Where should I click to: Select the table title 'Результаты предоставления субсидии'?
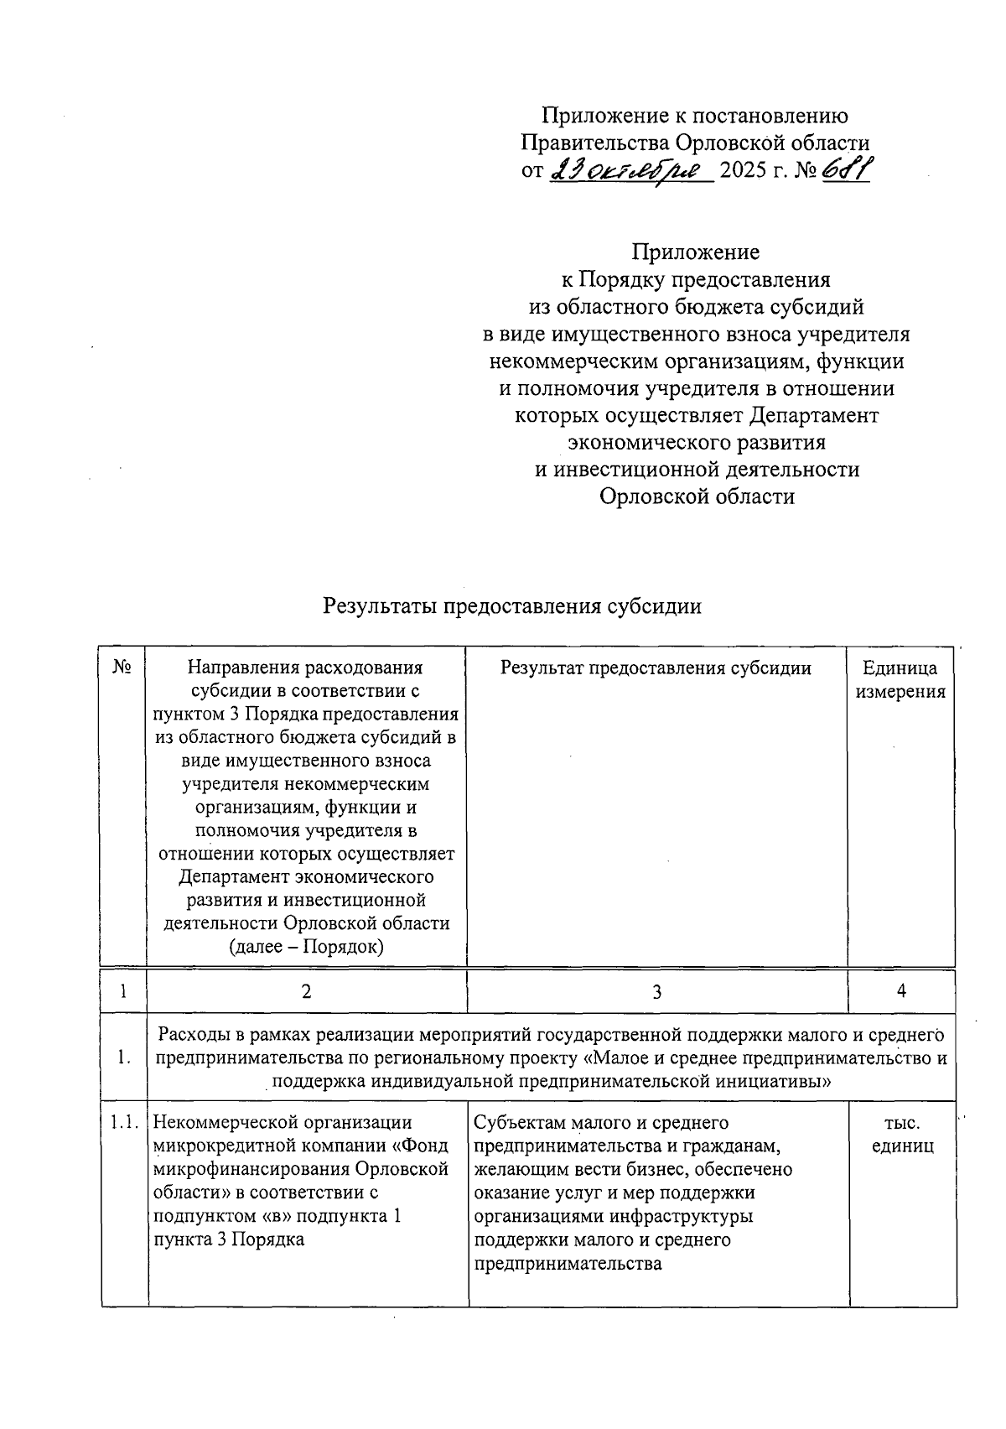click(x=512, y=606)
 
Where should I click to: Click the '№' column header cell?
click(x=123, y=668)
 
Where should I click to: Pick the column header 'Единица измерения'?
click(x=900, y=680)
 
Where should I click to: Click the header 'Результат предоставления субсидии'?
click(x=656, y=668)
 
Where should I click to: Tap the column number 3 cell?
click(x=656, y=992)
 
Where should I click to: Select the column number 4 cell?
click(x=901, y=992)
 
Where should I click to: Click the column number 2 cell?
click(x=307, y=992)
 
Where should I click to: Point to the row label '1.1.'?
click(x=125, y=1123)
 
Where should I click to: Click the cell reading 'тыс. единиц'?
click(x=902, y=1135)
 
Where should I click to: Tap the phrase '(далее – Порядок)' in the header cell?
click(x=307, y=947)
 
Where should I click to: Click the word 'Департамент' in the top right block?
click(x=814, y=415)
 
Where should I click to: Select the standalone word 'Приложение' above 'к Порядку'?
click(x=696, y=252)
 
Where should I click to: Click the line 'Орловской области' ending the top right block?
click(x=697, y=496)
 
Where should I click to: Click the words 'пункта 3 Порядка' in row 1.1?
click(x=229, y=1239)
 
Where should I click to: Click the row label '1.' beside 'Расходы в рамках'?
click(x=124, y=1058)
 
